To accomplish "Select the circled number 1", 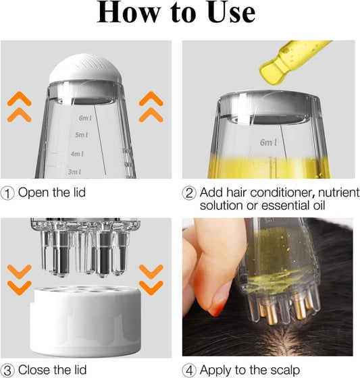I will click(8, 192).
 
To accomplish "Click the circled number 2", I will click(190, 192).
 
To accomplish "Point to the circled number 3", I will click(8, 369).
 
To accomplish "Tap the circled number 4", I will click(190, 369).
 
